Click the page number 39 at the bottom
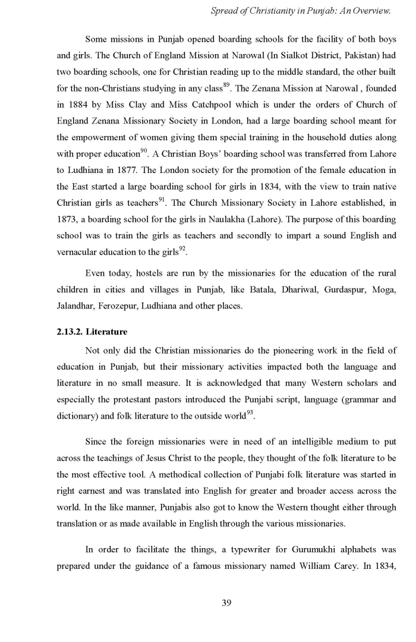226,603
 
